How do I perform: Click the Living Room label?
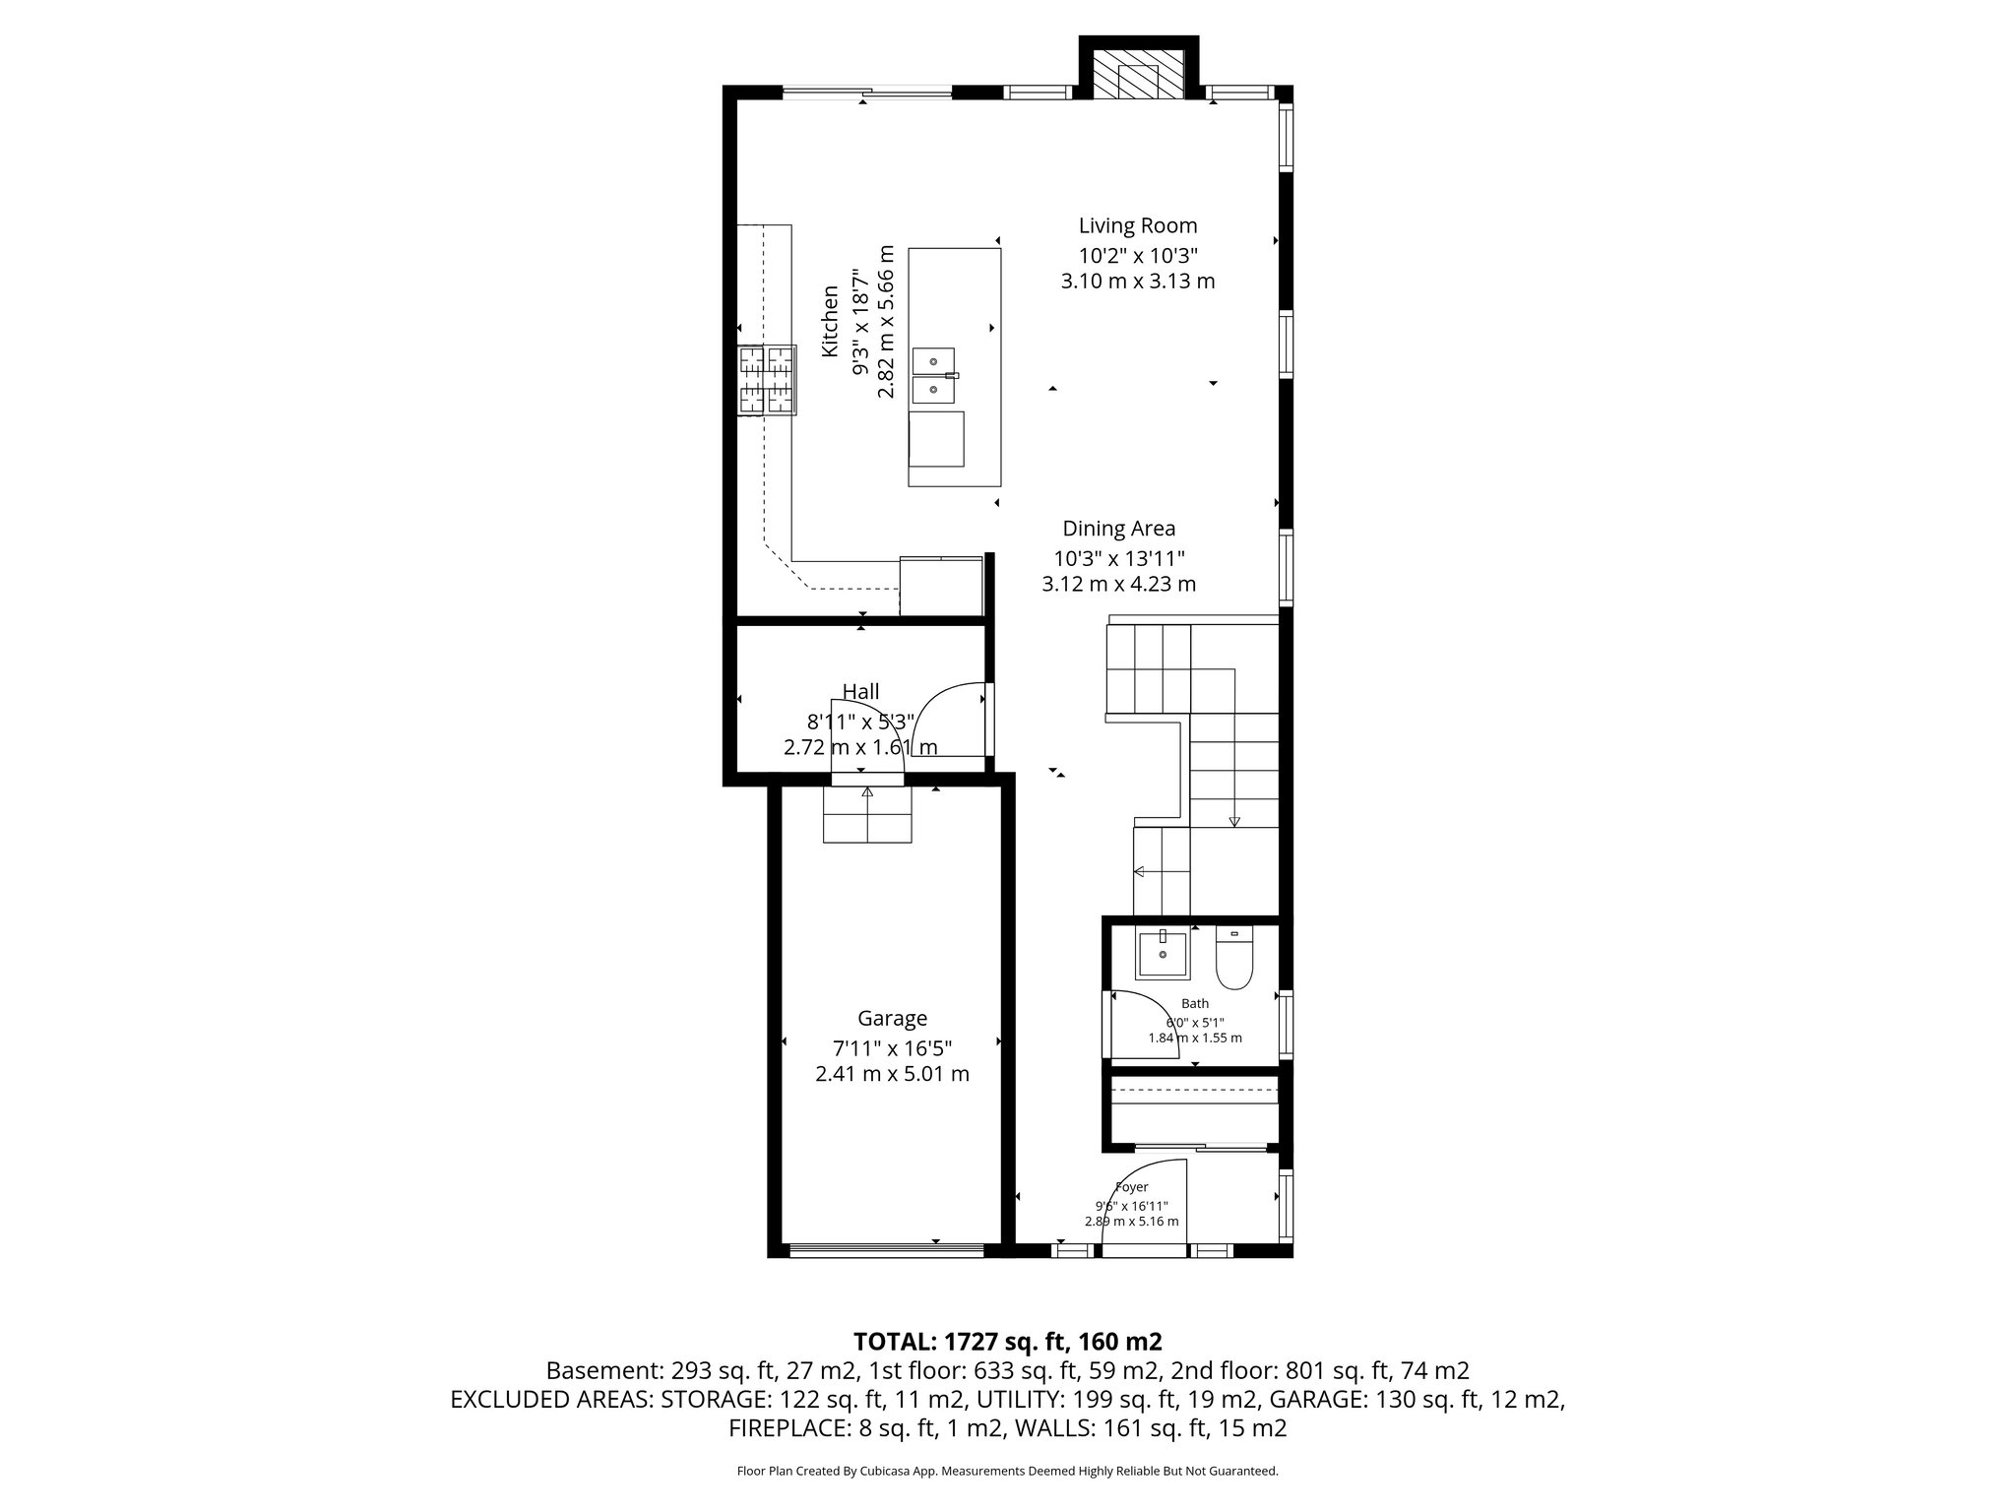pyautogui.click(x=1137, y=225)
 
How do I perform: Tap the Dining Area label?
pyautogui.click(x=1118, y=529)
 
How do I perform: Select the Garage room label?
pyautogui.click(x=892, y=1019)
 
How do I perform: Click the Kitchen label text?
pyautogui.click(x=831, y=322)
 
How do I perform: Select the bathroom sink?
pyautogui.click(x=1163, y=954)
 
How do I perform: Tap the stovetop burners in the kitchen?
pyautogui.click(x=767, y=380)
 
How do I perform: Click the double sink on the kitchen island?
pyautogui.click(x=934, y=376)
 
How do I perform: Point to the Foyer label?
pyautogui.click(x=1131, y=1187)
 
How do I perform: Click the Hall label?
pyautogui.click(x=860, y=692)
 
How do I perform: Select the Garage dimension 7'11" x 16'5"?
pyautogui.click(x=892, y=1047)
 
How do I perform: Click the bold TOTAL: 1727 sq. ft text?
pyautogui.click(x=1007, y=1342)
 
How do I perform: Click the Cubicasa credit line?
pyautogui.click(x=1007, y=1472)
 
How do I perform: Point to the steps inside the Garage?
pyautogui.click(x=867, y=816)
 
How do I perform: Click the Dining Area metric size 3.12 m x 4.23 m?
pyautogui.click(x=1118, y=584)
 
